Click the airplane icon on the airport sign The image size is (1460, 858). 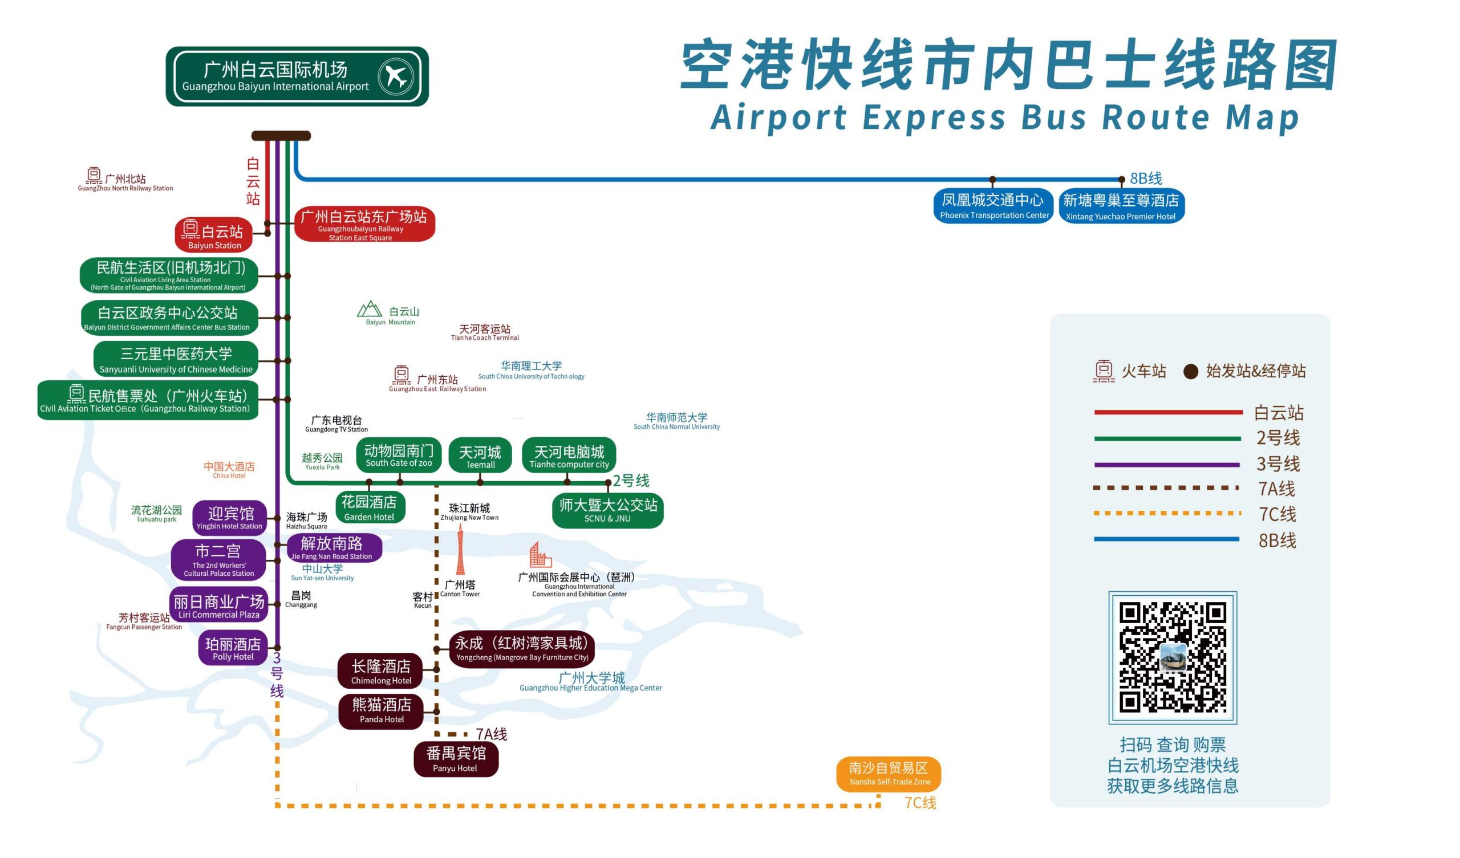(x=396, y=76)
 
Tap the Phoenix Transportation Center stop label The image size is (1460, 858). (x=993, y=206)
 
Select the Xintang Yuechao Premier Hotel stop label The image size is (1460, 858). (x=1121, y=207)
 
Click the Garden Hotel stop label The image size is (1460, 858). (x=370, y=507)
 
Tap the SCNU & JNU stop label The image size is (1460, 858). (x=608, y=510)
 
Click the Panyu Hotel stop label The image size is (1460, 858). (x=456, y=759)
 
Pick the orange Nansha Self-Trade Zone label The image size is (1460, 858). (x=889, y=774)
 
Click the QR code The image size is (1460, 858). (x=1173, y=657)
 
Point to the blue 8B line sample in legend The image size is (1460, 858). (x=1166, y=539)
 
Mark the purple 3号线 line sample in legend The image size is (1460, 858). (x=1166, y=465)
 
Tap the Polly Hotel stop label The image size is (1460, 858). (x=233, y=648)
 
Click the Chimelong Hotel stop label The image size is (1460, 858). (x=380, y=672)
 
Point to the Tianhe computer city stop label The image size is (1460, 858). (x=569, y=456)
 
